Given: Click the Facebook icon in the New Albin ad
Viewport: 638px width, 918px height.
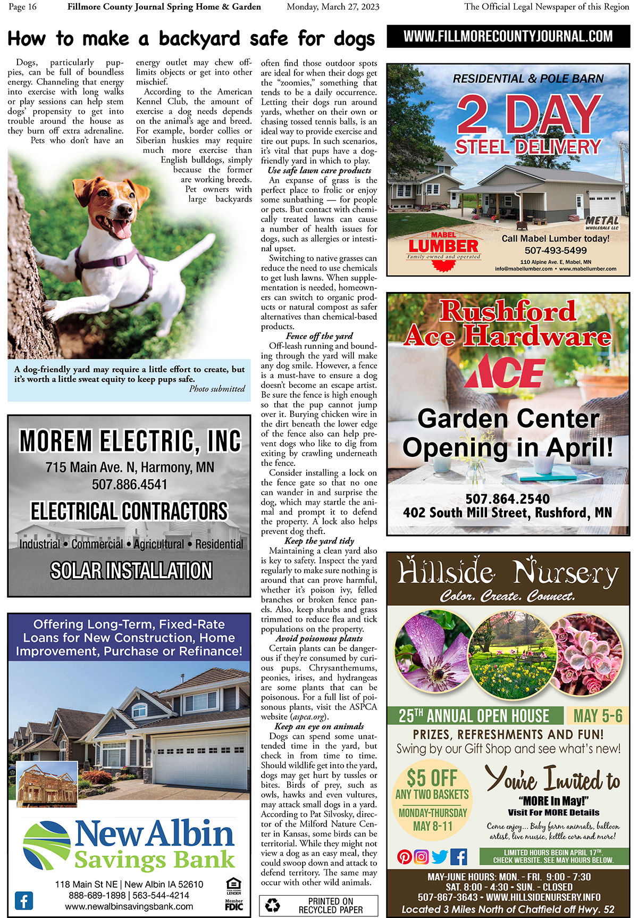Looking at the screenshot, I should point(24,900).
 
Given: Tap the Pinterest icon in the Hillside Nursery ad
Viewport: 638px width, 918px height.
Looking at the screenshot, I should point(405,857).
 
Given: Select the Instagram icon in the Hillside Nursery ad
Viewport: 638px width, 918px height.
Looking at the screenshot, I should point(422,857).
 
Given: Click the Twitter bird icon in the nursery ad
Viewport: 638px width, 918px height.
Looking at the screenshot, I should point(440,857).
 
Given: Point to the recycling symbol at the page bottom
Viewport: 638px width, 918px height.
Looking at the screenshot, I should point(273,905).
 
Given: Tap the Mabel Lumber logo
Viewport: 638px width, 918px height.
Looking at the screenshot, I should point(443,246).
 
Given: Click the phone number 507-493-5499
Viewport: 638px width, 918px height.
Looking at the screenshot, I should point(556,251).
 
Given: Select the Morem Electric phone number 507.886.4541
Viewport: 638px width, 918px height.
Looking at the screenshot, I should point(129,485).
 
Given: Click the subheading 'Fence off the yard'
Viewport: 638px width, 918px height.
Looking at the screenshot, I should point(319,336).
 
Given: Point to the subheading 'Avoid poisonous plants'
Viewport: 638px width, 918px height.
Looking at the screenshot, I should point(319,638).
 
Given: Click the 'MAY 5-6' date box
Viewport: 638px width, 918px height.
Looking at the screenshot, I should point(598,716).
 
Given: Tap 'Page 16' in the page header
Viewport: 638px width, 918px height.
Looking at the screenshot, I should point(23,7).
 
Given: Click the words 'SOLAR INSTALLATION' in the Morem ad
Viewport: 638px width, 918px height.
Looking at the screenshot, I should point(131,571).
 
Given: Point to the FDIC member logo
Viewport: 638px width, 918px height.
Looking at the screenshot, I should point(234,904).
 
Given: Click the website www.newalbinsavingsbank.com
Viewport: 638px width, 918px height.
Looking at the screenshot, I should point(129,906).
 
